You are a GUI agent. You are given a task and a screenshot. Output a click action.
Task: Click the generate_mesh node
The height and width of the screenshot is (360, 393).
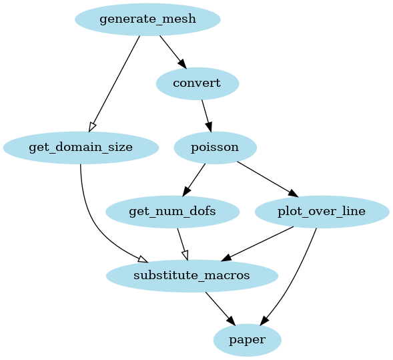147,19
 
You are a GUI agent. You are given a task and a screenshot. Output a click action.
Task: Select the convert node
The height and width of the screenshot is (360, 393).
197,83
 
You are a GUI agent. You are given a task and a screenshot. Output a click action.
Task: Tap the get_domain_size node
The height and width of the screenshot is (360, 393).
81,148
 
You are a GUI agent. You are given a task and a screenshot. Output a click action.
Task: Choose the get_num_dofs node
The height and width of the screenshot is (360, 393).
172,212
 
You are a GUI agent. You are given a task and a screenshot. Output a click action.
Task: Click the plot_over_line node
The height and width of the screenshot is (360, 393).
322,212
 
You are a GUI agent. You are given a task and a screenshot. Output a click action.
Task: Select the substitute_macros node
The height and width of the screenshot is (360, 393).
191,276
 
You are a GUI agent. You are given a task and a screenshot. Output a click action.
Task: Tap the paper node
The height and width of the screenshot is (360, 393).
247,340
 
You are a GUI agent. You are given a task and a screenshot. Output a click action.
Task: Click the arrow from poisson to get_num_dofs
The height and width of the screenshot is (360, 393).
194,179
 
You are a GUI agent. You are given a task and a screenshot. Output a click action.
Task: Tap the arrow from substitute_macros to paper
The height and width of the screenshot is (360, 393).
219,307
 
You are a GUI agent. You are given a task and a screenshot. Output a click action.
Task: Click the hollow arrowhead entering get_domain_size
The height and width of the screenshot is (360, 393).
93,126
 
